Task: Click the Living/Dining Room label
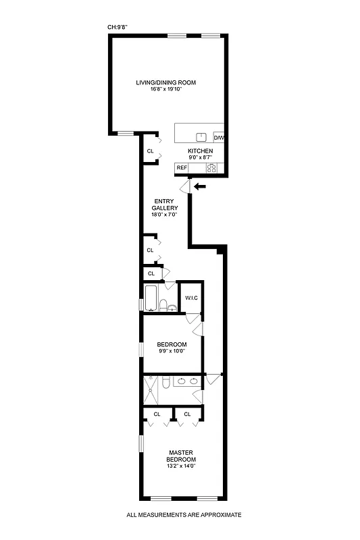[x=165, y=82]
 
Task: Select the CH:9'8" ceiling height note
[x=118, y=28]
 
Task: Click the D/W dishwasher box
[x=219, y=137]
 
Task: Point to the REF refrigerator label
[x=181, y=167]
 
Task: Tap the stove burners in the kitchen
[x=211, y=168]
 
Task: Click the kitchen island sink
[x=200, y=136]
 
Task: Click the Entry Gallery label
[x=165, y=204]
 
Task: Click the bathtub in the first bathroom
[x=152, y=298]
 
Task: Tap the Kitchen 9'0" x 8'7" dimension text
[x=200, y=157]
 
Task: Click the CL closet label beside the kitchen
[x=149, y=151]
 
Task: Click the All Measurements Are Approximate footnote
[x=184, y=515]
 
